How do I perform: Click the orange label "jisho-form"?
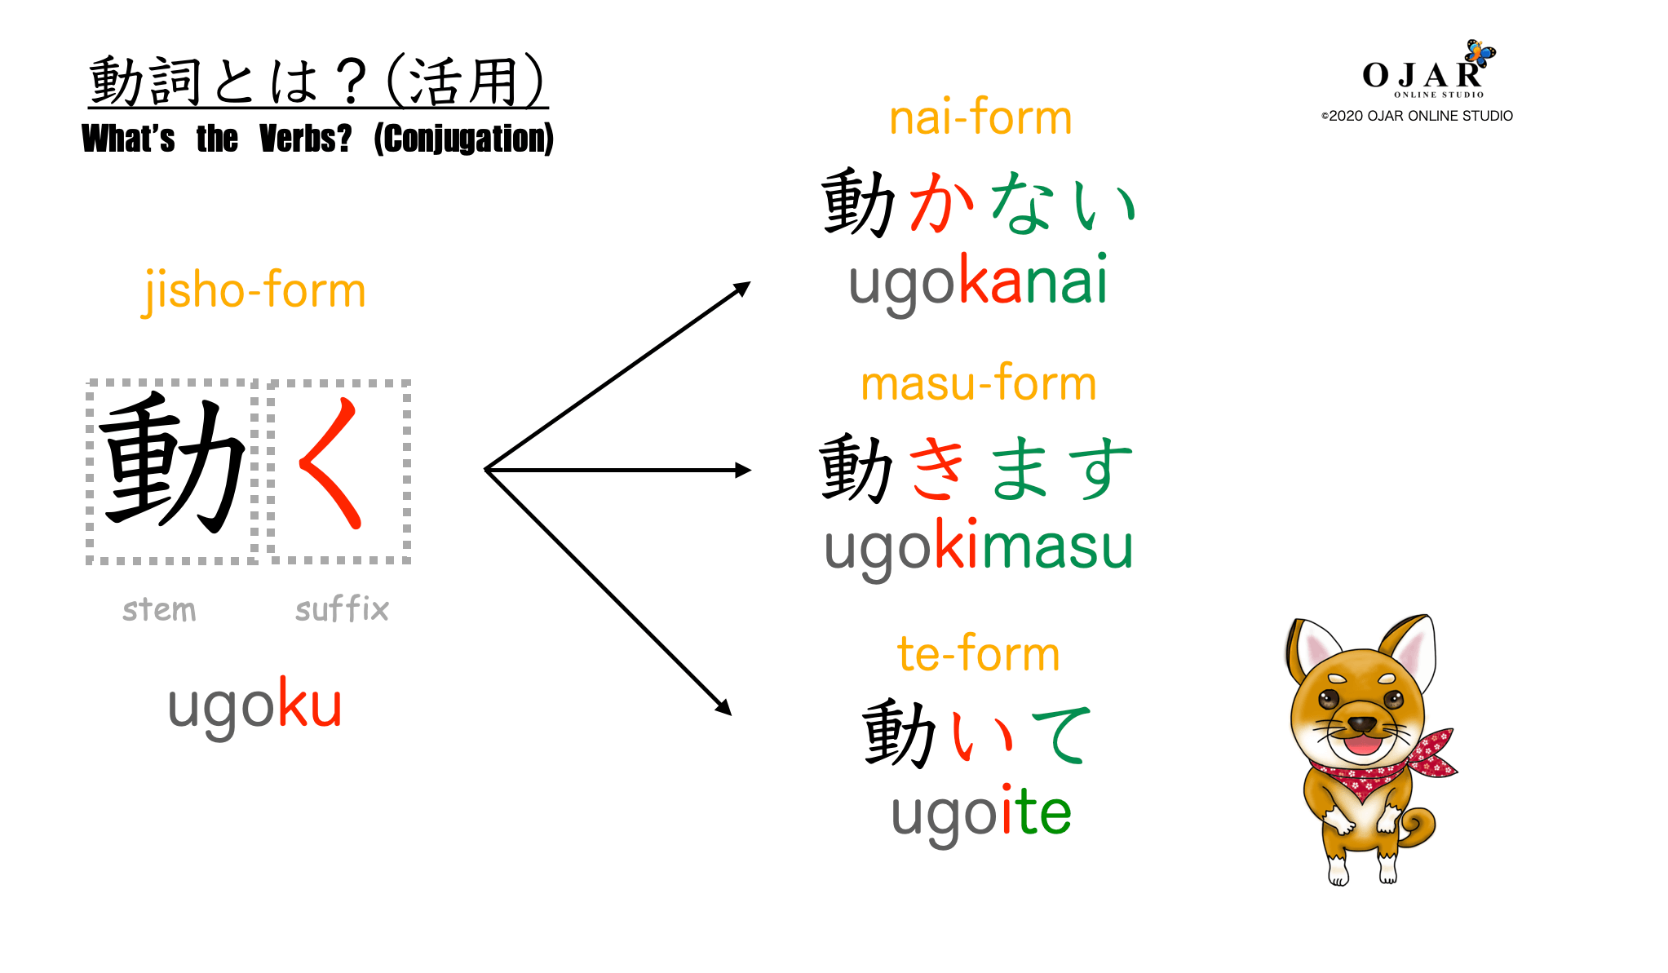point(254,291)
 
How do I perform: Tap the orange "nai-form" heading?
point(980,118)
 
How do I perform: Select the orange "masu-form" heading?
point(978,383)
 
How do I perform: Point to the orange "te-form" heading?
point(978,654)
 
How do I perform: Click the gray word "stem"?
point(159,610)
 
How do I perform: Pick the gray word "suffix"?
point(342,609)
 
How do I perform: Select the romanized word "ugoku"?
point(254,705)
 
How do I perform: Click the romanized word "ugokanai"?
point(978,282)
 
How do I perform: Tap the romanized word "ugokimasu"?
point(978,546)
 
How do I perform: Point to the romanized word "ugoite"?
point(980,812)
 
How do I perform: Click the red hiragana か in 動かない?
point(942,202)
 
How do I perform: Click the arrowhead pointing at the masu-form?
point(742,470)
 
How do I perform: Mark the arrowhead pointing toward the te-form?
point(723,707)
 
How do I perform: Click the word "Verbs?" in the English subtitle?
point(305,139)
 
